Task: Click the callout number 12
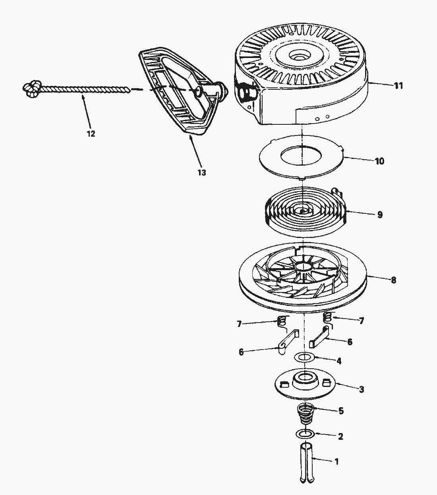click(91, 134)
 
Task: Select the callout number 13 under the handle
click(202, 172)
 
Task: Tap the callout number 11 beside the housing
click(398, 85)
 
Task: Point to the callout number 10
click(379, 161)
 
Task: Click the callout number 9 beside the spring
click(380, 215)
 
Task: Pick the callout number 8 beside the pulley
click(393, 280)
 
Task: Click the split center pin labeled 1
click(305, 464)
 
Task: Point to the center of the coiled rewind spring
click(303, 211)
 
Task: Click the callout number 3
click(361, 389)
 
